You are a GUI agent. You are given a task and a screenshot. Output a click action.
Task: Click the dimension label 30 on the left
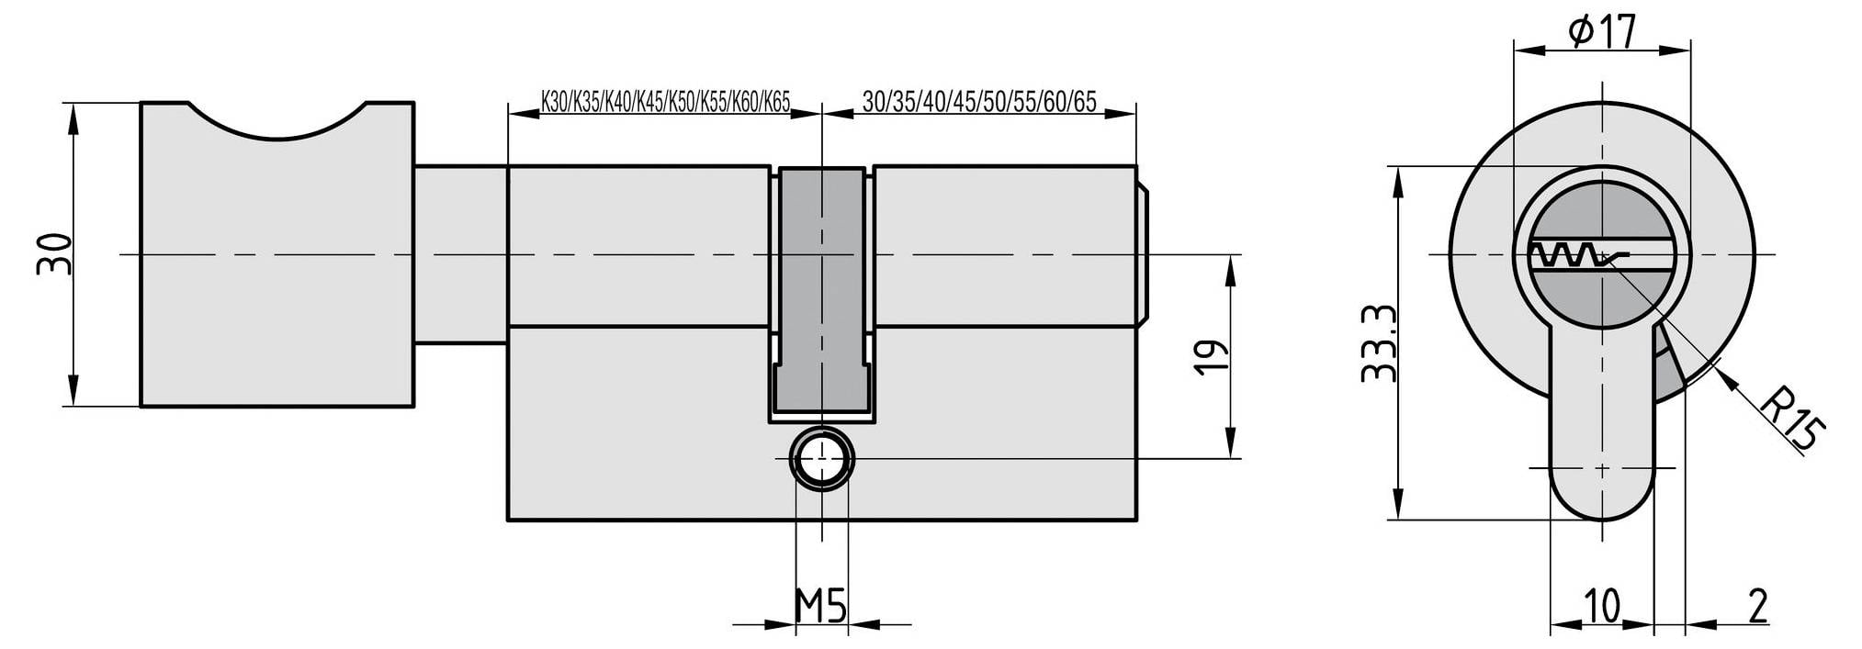tap(53, 254)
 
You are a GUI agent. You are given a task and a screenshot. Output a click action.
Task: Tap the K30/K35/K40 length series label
tap(666, 101)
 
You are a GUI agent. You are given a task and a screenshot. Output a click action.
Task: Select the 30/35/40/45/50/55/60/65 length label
tap(979, 101)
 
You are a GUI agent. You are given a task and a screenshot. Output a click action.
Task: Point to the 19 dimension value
tap(1211, 356)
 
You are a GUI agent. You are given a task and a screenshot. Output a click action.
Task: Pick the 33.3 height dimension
tap(1379, 343)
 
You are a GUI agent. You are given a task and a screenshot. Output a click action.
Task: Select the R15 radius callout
tap(1791, 418)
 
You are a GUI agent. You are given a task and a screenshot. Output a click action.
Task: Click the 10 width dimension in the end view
tap(1602, 606)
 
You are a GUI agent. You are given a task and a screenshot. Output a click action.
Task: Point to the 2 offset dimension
tap(1757, 606)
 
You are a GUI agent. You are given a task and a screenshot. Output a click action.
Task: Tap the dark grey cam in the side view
tap(821, 290)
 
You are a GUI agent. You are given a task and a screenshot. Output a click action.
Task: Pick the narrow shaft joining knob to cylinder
tap(460, 255)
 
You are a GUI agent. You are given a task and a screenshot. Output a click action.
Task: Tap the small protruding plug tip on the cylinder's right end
tap(1142, 255)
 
